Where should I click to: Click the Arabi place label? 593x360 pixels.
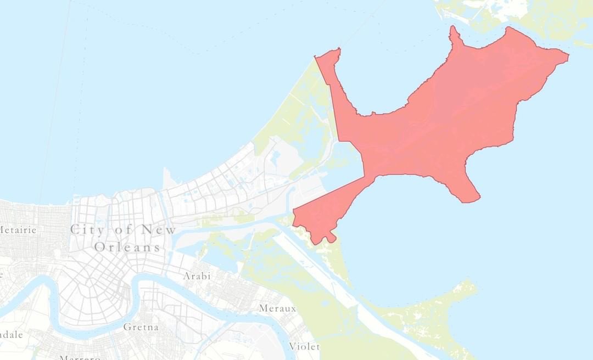point(197,276)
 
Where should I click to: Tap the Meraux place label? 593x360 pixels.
point(277,308)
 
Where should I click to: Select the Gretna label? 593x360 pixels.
point(141,327)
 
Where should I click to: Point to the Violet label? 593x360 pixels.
point(304,346)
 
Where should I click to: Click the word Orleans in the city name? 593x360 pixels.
point(127,248)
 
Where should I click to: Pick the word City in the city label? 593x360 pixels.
point(87,229)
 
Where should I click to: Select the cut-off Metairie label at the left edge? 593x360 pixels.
point(18,230)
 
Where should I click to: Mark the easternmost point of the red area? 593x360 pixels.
point(567,55)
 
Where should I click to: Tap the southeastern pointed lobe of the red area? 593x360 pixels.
point(467,192)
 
